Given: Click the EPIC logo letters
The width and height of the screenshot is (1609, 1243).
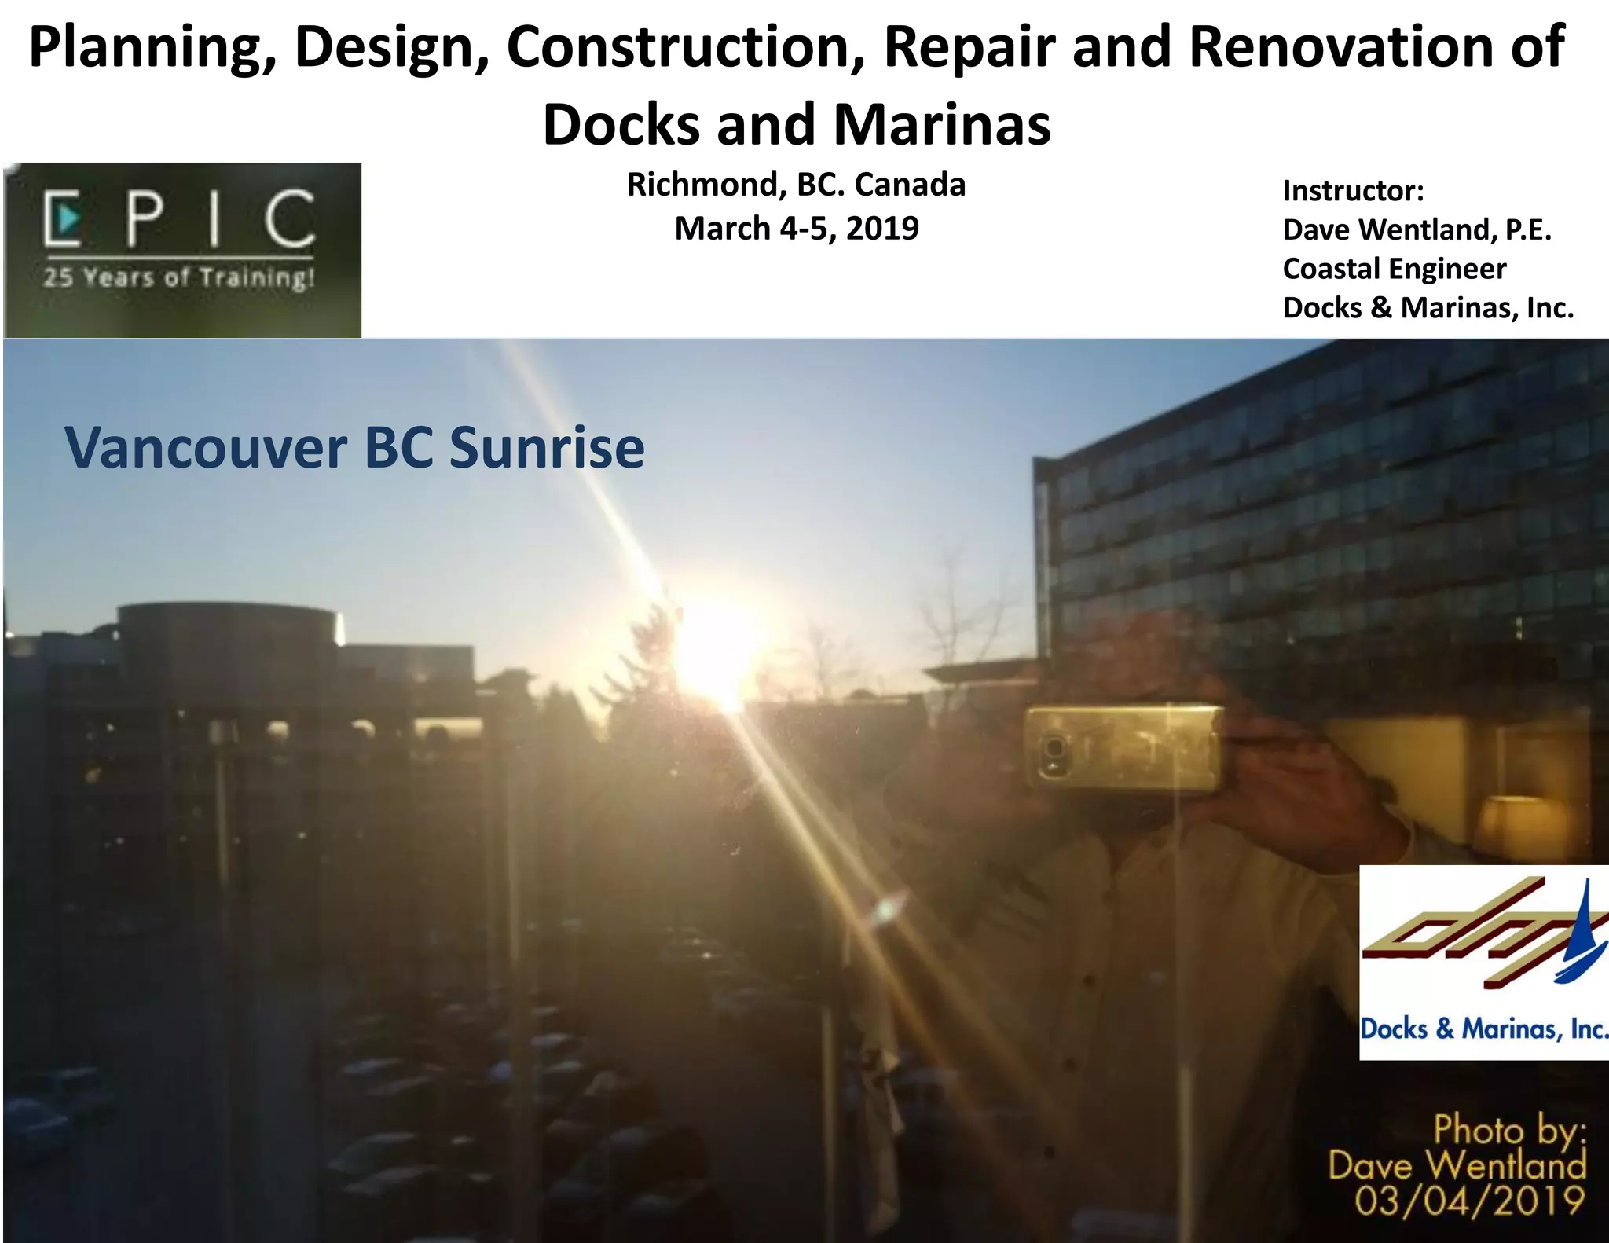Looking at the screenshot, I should (x=181, y=217).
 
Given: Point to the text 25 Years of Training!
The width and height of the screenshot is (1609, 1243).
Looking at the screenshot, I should (x=179, y=277).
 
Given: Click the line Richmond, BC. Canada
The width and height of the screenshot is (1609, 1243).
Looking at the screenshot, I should (x=796, y=185).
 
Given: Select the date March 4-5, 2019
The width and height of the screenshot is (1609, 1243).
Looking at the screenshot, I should (x=797, y=229).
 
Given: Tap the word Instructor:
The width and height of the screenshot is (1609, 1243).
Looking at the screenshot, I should (x=1353, y=191).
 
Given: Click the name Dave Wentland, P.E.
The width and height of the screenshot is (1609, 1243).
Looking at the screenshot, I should (x=1417, y=230).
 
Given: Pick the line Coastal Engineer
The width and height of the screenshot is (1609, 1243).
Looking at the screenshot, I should (x=1395, y=269).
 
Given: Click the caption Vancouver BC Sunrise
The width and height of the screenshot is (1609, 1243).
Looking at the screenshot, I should (x=354, y=448).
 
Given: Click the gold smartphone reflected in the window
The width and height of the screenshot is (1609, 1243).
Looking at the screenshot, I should (x=1123, y=746).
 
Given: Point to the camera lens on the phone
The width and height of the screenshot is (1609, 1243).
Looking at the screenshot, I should (x=1054, y=747).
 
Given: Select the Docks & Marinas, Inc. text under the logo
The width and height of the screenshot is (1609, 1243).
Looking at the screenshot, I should (x=1483, y=1029).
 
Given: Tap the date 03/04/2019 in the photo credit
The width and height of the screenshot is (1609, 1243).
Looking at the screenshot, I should (x=1469, y=1202).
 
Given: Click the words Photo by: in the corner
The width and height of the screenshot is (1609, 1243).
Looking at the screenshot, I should (x=1509, y=1131).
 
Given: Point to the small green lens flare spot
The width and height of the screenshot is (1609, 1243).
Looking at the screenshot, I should (x=886, y=911).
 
